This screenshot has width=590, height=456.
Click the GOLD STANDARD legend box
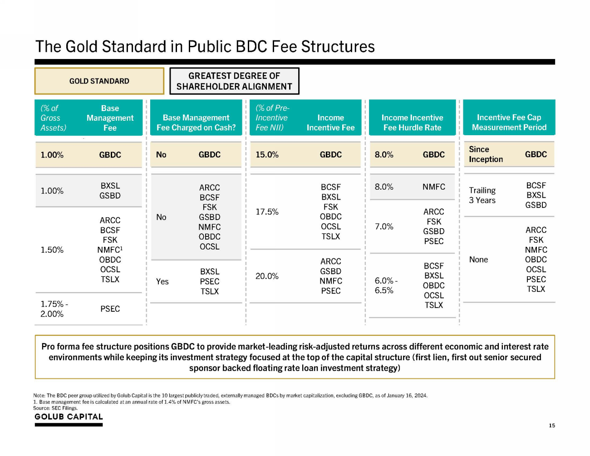click(99, 81)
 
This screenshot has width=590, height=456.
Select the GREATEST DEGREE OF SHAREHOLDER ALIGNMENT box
click(234, 81)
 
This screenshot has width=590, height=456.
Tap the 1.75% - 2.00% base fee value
click(54, 309)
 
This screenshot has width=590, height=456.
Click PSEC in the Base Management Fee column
click(110, 309)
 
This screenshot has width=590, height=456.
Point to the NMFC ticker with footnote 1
click(110, 250)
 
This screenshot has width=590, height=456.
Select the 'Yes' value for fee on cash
click(162, 282)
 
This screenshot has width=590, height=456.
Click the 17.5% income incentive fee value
click(267, 212)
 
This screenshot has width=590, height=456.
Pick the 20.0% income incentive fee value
click(267, 276)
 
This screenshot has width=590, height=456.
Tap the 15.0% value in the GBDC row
click(267, 155)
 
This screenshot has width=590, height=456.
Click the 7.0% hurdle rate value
click(384, 226)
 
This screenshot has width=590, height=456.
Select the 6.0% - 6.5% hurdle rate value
click(386, 286)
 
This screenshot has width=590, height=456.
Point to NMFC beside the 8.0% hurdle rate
click(433, 187)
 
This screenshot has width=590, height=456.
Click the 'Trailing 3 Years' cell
click(482, 196)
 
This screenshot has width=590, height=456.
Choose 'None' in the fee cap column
click(478, 260)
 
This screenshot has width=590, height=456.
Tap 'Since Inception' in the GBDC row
click(486, 154)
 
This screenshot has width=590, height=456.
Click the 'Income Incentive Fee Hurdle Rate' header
click(412, 123)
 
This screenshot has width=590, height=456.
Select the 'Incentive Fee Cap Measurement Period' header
click(509, 123)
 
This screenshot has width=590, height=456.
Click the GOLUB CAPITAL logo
click(69, 417)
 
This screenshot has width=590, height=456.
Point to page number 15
click(551, 426)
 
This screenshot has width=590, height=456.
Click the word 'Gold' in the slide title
click(79, 47)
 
